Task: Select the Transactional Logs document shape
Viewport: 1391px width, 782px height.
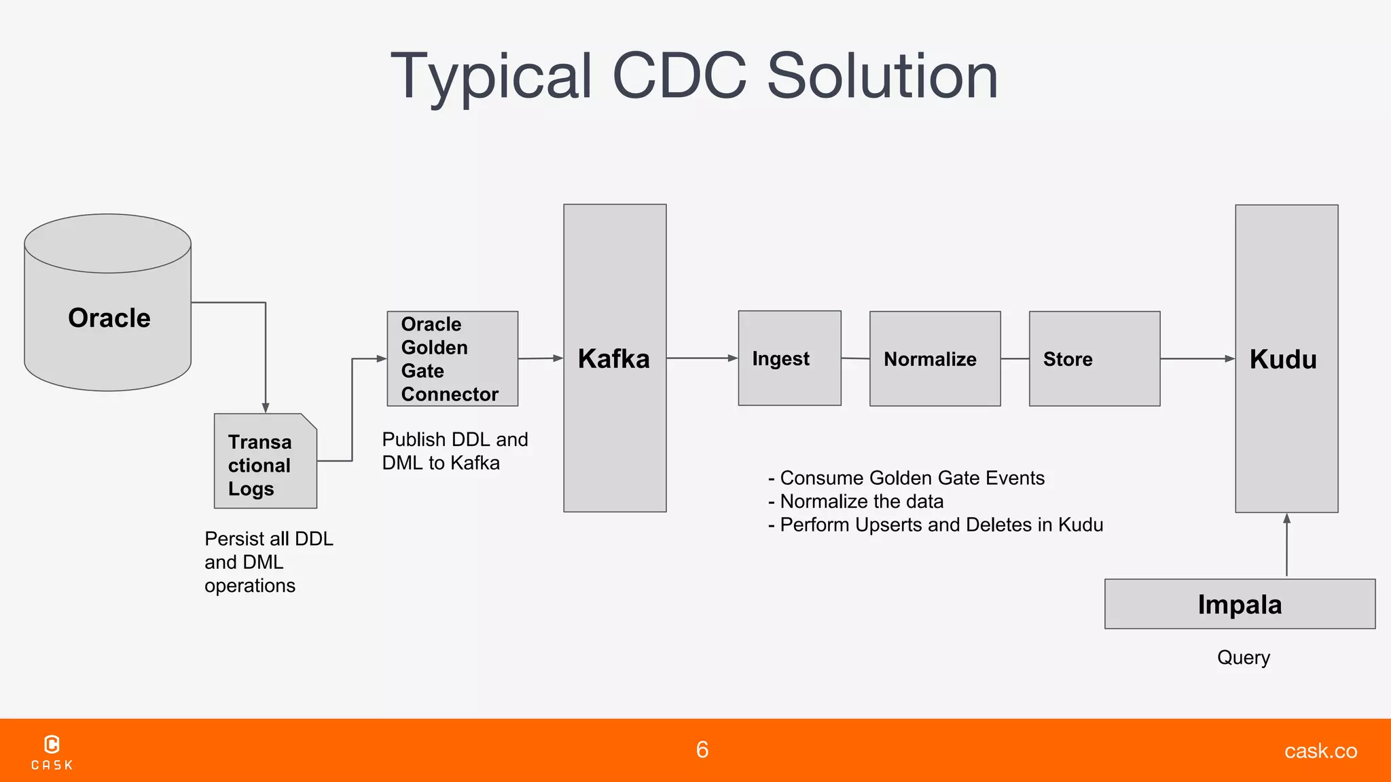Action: tap(265, 462)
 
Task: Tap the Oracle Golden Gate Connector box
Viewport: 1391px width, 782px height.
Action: tap(452, 359)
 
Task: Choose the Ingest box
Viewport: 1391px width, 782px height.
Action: tap(789, 358)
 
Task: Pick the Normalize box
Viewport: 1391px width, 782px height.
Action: tap(935, 359)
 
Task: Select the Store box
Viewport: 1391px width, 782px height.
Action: tap(1094, 359)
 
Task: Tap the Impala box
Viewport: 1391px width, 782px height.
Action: tap(1240, 604)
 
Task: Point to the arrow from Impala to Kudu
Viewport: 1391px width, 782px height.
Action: tap(1286, 546)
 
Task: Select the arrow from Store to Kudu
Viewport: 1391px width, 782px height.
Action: tap(1197, 358)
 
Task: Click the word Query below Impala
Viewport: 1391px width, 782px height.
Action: tap(1243, 657)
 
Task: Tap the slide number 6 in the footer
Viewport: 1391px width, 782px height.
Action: tap(702, 749)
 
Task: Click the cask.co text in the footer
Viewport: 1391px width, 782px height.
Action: tap(1320, 751)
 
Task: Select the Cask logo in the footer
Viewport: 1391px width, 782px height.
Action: tap(52, 752)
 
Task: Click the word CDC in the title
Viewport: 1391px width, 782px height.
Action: tap(679, 76)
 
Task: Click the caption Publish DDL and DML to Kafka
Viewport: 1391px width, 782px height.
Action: tap(454, 451)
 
